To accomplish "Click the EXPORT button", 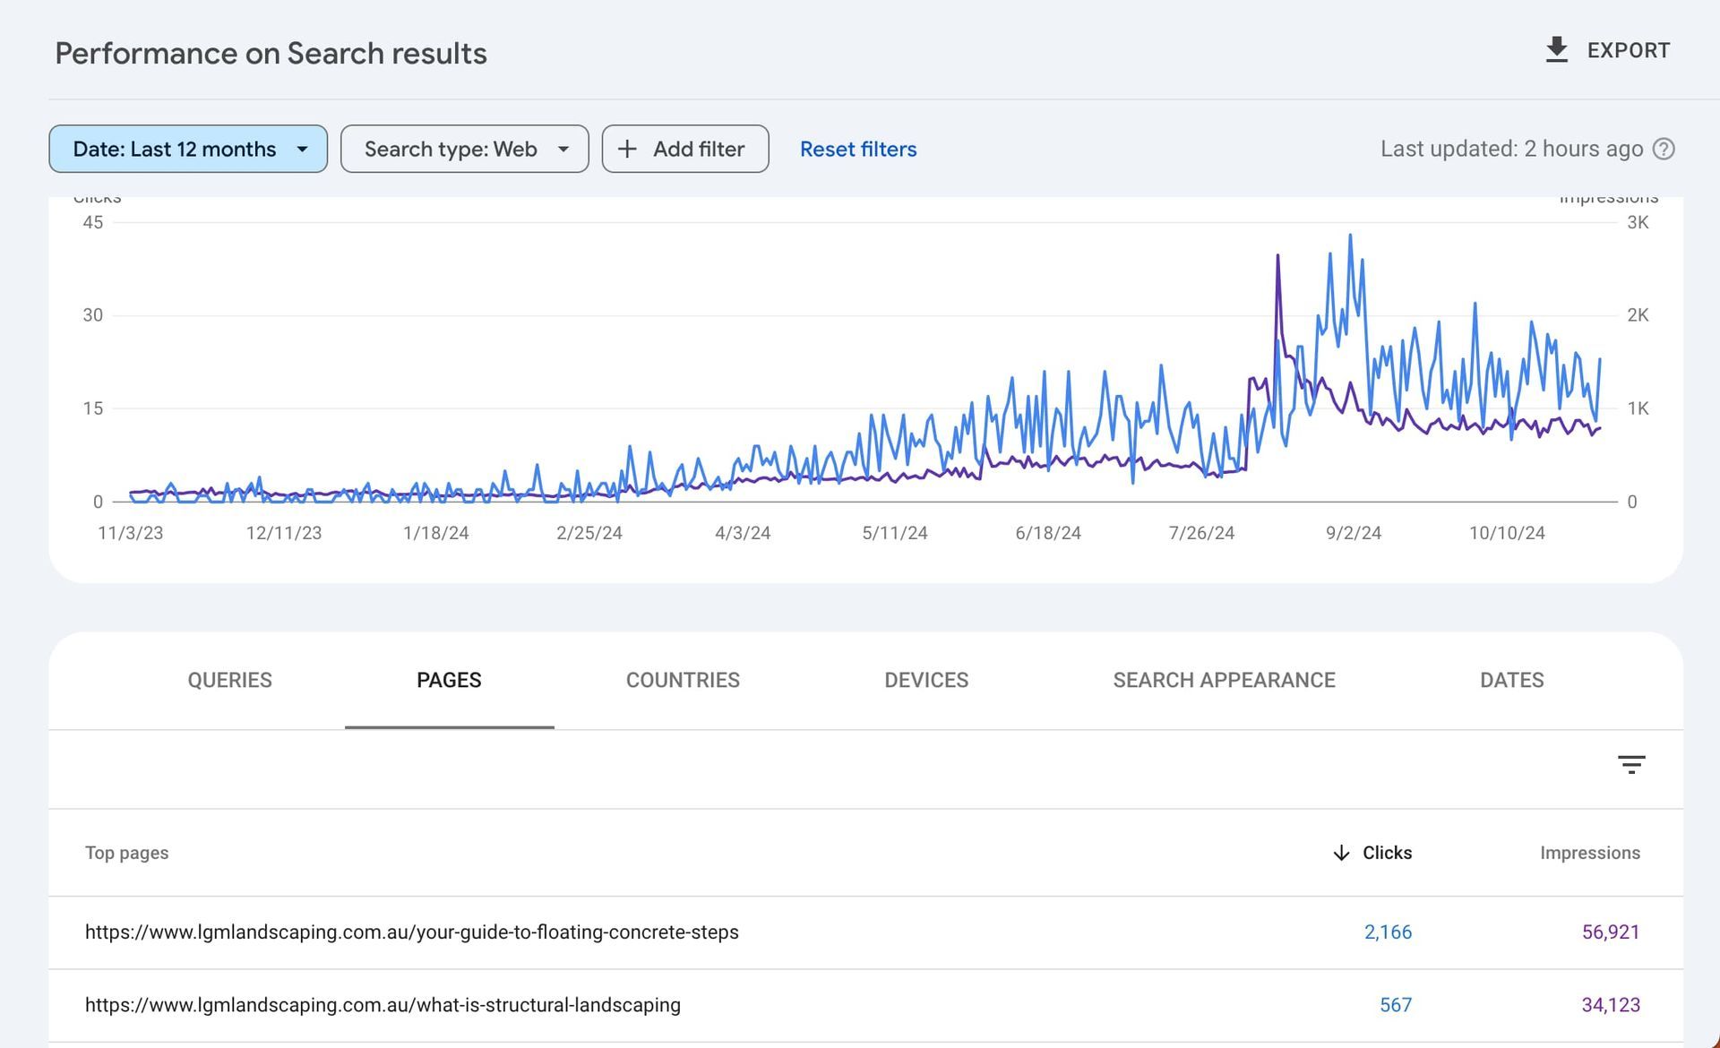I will (x=1607, y=50).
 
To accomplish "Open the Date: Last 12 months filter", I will (x=188, y=149).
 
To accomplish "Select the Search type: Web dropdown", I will (x=464, y=149).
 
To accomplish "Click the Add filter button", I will (x=685, y=149).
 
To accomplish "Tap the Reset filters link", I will (x=858, y=149).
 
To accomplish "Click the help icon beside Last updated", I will (x=1664, y=149).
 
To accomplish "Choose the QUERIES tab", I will (x=229, y=680).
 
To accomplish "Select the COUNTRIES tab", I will (x=683, y=680).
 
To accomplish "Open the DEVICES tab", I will (x=926, y=680).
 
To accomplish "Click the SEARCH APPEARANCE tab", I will (x=1224, y=680).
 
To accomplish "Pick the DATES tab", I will (x=1511, y=680).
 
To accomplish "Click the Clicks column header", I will (x=1386, y=853).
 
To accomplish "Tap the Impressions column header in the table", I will (x=1590, y=853).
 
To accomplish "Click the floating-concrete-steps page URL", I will (x=412, y=932).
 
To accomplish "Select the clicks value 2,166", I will (x=1388, y=932).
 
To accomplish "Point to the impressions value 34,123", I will (x=1611, y=1005).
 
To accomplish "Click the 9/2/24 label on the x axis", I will (x=1353, y=533).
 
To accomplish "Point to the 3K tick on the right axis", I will (x=1638, y=222).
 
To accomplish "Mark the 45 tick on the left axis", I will (x=93, y=222).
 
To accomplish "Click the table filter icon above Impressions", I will (x=1631, y=764).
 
